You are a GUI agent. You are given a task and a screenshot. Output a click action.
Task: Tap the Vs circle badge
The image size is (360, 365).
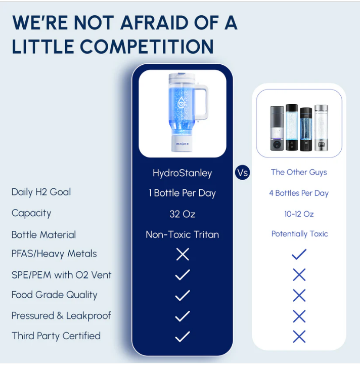click(243, 173)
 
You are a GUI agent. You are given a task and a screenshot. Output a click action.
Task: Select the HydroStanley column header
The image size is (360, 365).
click(182, 173)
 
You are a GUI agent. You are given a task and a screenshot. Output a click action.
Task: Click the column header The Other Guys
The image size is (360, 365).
click(299, 172)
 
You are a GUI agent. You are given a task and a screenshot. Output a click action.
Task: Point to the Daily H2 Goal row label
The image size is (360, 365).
click(41, 192)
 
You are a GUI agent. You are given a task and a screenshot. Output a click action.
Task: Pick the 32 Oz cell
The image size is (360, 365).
click(182, 214)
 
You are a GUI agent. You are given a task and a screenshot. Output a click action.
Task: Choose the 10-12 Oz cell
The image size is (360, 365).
click(299, 214)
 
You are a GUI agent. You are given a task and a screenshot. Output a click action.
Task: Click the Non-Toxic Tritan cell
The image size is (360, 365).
click(182, 234)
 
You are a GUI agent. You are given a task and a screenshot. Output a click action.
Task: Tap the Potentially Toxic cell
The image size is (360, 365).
click(299, 234)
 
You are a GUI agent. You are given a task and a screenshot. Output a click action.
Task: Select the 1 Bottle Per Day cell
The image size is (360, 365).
click(182, 193)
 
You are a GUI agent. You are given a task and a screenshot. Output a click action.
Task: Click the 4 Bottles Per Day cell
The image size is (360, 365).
click(299, 193)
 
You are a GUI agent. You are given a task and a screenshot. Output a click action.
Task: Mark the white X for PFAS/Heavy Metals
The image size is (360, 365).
click(182, 254)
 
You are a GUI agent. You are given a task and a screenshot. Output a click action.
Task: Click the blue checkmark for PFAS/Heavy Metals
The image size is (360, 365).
click(299, 254)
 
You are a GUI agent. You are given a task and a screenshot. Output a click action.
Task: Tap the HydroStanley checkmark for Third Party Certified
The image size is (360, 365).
click(182, 336)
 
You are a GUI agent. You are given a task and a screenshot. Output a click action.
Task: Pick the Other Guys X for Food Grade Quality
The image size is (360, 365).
click(299, 295)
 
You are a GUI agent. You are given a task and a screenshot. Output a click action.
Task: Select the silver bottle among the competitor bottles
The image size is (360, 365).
click(322, 128)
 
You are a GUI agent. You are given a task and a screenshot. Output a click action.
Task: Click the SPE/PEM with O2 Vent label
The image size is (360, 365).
click(61, 275)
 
